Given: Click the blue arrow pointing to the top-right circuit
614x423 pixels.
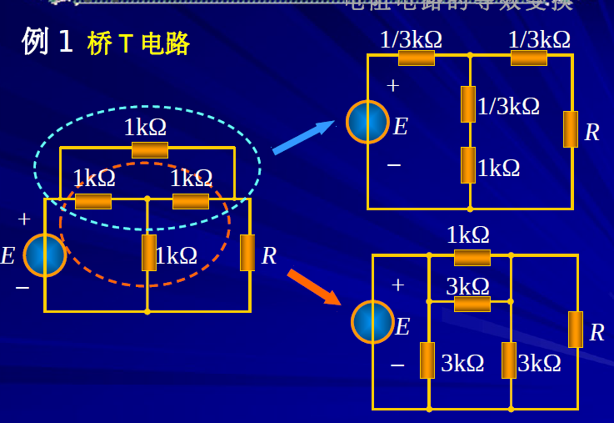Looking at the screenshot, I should tap(303, 137).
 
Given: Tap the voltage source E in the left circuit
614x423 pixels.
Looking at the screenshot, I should tap(45, 255).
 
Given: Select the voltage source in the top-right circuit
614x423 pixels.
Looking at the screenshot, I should tap(367, 122).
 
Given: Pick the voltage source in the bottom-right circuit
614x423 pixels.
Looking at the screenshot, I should tap(372, 322).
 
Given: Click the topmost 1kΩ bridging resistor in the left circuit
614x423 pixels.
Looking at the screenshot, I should tap(150, 149).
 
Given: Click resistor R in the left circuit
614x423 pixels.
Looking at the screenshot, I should tap(247, 253).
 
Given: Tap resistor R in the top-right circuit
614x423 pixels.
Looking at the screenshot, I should tap(571, 129).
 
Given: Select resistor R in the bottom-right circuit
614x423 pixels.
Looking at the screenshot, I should tap(576, 330).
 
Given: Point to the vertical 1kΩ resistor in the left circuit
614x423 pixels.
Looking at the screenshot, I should tap(149, 253).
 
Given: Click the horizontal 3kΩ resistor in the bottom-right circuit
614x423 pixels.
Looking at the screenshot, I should tap(472, 304).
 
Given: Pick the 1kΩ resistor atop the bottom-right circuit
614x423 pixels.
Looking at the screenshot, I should tap(472, 257).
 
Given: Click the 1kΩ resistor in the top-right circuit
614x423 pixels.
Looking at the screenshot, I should tap(468, 165).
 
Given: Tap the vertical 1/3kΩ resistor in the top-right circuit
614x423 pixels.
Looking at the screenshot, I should tap(468, 104).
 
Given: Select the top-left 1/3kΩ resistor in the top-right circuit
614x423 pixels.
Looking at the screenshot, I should tap(417, 58).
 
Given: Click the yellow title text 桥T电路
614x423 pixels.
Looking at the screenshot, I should tap(138, 43).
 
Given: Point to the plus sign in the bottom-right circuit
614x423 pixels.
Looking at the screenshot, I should tap(397, 285).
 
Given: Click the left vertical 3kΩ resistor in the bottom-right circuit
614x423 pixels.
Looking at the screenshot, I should tap(427, 360).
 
